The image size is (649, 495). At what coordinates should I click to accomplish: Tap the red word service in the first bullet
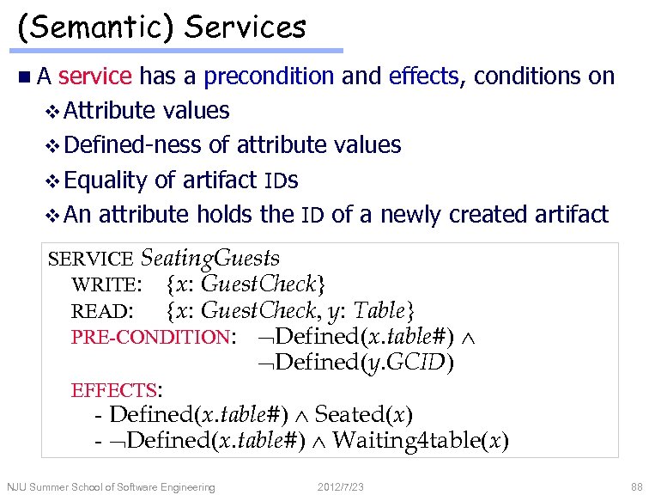(95, 76)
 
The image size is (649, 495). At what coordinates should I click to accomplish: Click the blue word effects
(425, 76)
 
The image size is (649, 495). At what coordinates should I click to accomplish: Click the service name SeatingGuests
(209, 258)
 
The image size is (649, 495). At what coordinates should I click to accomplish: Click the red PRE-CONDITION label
(150, 337)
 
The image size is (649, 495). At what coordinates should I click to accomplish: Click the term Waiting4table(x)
(420, 442)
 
